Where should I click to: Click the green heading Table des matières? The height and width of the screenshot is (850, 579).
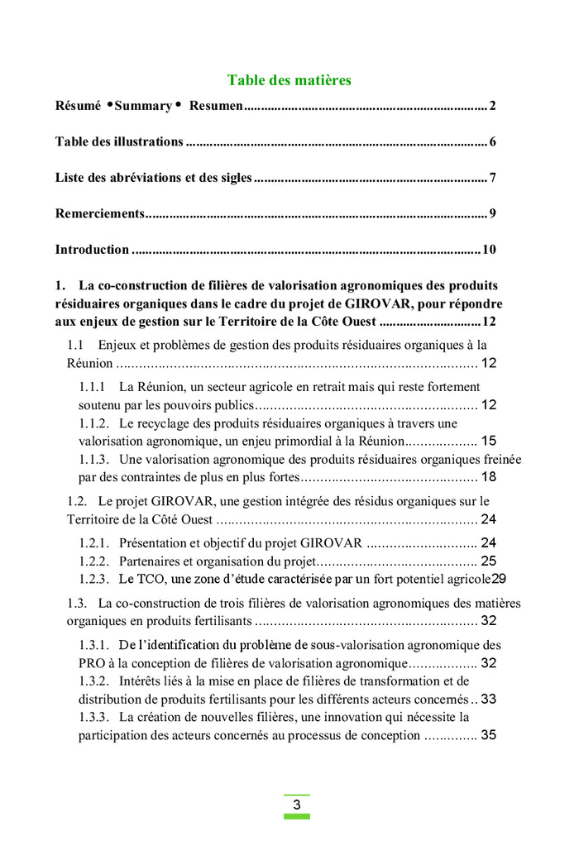point(289,80)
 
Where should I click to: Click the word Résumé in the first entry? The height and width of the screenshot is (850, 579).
point(78,106)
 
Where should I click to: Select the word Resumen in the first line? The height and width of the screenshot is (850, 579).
point(216,106)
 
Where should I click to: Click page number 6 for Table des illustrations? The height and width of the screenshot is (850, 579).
point(492,141)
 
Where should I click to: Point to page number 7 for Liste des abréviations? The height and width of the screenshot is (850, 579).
point(492,178)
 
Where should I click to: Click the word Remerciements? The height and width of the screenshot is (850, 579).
point(99,213)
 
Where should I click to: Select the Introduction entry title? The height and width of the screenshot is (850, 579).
point(92,250)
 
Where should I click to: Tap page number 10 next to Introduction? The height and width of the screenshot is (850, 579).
point(489,250)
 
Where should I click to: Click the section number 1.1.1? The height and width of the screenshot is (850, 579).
point(92,387)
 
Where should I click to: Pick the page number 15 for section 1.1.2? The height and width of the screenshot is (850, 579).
point(488,442)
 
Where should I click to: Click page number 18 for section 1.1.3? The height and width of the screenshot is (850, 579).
point(488,477)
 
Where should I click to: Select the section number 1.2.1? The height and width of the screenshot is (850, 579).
point(93,543)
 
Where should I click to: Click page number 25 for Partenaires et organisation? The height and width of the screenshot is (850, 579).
point(488,561)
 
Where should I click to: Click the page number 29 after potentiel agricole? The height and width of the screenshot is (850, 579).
point(499,579)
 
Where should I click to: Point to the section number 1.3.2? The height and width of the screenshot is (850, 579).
point(93,681)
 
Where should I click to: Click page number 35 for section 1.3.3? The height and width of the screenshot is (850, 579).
point(488,735)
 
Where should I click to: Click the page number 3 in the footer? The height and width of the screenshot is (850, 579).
point(296,805)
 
